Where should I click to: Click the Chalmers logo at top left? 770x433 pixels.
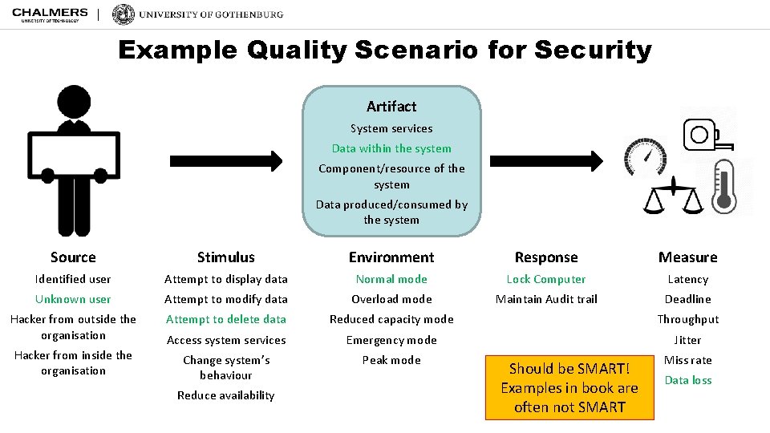pos(50,14)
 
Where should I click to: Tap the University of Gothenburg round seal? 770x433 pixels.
pos(124,14)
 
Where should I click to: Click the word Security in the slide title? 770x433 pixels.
pos(593,51)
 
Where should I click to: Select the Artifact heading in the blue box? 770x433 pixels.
pos(391,106)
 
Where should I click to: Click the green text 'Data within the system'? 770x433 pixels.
pos(391,148)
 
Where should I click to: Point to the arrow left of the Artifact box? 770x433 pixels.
pos(227,160)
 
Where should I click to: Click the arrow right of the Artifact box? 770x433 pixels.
pos(546,160)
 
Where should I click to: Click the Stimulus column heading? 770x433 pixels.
pos(226,257)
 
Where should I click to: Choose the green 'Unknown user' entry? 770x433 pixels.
pos(73,299)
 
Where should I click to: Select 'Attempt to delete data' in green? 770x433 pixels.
pos(226,319)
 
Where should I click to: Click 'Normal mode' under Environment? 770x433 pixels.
pos(391,279)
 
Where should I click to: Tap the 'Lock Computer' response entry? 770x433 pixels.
pos(546,279)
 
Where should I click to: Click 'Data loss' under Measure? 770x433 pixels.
pos(688,380)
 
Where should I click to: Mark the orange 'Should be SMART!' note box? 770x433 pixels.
pos(569,387)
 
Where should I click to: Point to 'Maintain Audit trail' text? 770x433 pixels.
pos(546,299)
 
